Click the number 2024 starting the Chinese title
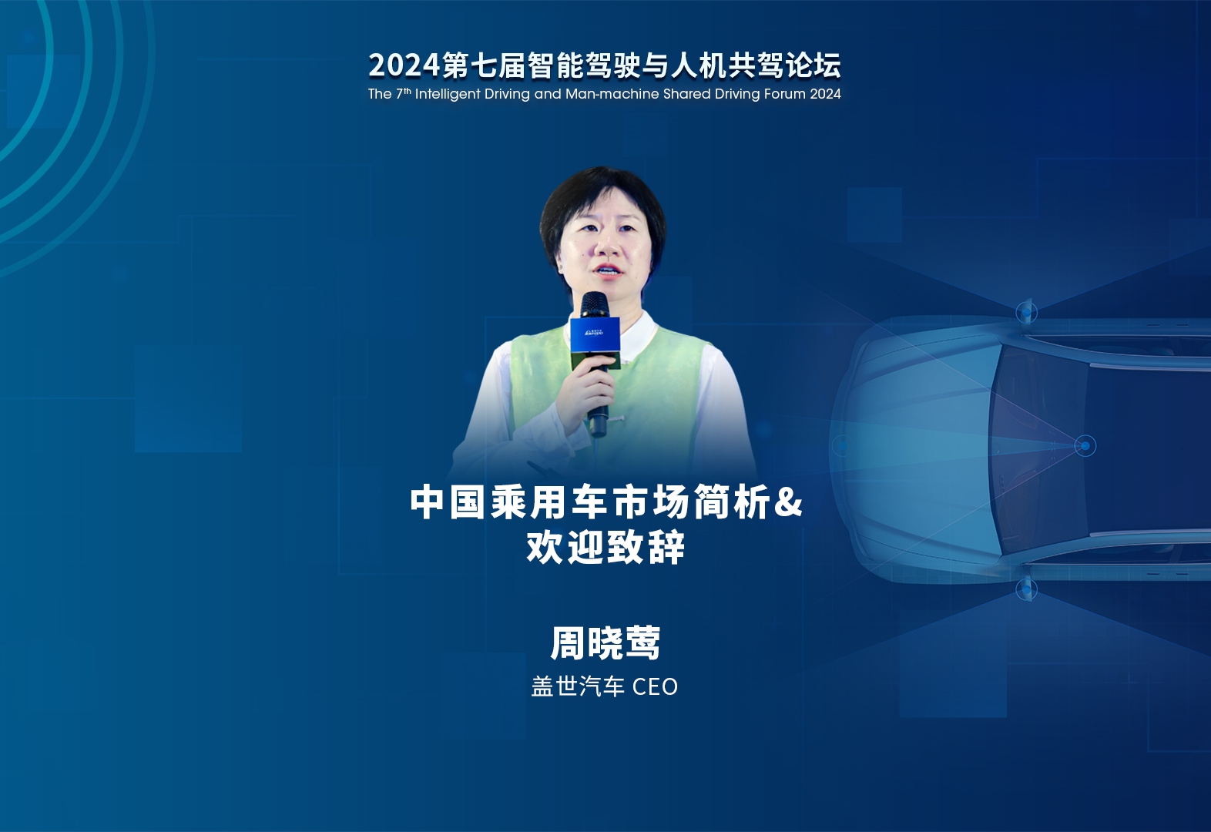tap(404, 65)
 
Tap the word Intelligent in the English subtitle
tap(448, 94)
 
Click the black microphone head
tap(595, 305)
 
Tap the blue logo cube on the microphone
tap(595, 335)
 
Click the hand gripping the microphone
tap(589, 389)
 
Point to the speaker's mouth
tap(606, 269)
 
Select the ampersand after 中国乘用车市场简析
tap(788, 502)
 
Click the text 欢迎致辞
tap(605, 547)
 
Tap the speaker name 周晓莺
tap(605, 643)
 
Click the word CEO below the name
tap(655, 687)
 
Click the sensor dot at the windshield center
tap(1085, 446)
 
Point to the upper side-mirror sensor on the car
tap(1026, 312)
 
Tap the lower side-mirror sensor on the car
tap(1026, 589)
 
